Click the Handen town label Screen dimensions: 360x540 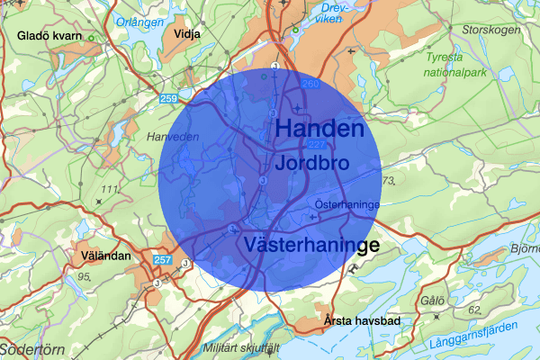coord(319,129)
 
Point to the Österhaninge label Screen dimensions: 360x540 coord(346,204)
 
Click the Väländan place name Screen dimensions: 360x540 coord(104,256)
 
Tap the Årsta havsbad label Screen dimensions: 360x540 coord(364,321)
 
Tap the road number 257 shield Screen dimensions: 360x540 coord(162,259)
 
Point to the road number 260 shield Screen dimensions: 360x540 coord(311,85)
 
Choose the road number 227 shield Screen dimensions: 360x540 coord(317,146)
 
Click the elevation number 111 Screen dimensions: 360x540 coord(112,189)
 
